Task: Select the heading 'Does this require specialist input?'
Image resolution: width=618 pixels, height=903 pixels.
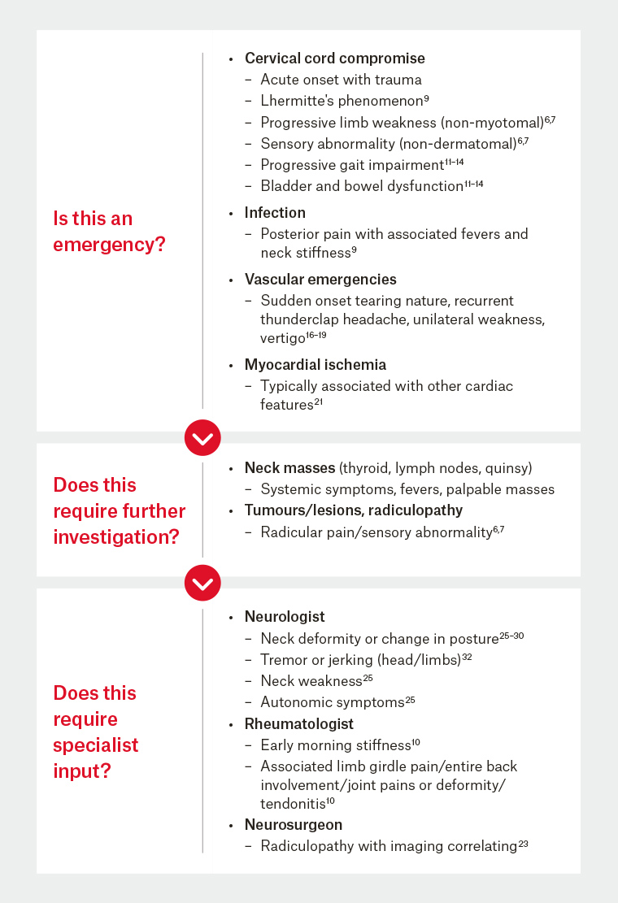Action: point(95,732)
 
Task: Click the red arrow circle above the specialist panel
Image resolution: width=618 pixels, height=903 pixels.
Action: point(202,584)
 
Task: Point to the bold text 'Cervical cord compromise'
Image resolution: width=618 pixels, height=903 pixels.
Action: point(334,59)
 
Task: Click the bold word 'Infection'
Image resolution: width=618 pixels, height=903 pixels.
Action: point(275,213)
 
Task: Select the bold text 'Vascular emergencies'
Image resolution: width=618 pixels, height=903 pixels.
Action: point(320,280)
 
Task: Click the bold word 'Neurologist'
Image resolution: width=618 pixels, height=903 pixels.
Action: point(285,617)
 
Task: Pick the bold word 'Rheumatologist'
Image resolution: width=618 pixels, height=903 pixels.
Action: point(298,723)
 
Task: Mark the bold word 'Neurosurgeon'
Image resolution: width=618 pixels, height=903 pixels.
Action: point(293,825)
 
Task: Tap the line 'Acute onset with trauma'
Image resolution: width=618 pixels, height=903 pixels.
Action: point(341,80)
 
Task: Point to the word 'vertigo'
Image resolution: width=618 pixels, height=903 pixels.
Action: point(287,337)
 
